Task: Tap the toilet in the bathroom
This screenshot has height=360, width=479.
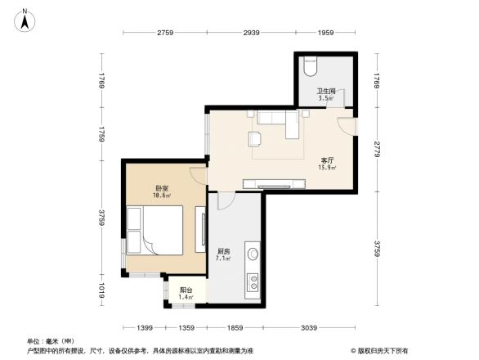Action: pos(308,63)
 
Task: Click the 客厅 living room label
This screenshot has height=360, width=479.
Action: pos(327,161)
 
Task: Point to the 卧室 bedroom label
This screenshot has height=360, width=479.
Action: pos(160,189)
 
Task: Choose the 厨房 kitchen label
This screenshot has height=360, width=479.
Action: pos(223,252)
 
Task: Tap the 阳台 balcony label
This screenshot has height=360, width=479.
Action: pos(186,290)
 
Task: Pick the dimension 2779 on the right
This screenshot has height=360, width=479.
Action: pos(376,149)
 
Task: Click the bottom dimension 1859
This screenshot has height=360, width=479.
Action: pos(236,327)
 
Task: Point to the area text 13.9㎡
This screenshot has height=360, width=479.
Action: pos(327,169)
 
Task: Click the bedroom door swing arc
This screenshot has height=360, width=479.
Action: pos(199,173)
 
